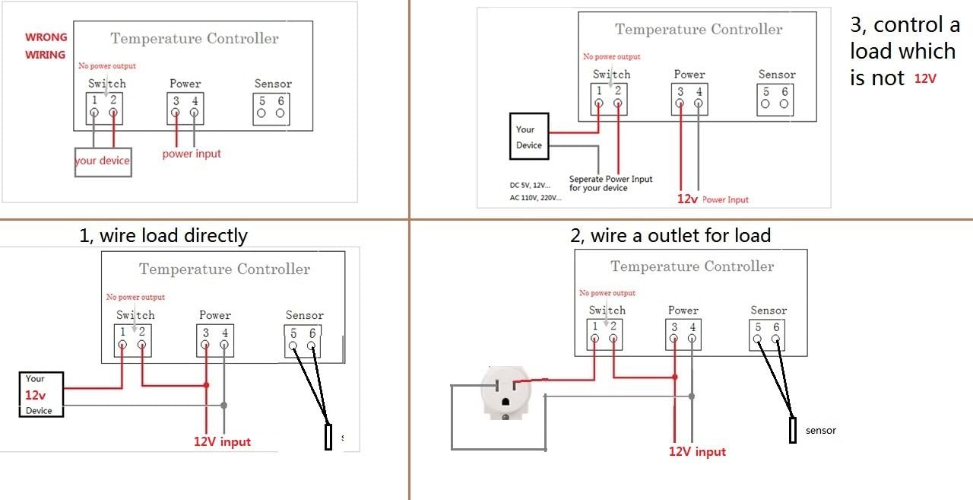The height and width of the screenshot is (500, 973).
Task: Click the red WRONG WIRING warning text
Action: click(46, 46)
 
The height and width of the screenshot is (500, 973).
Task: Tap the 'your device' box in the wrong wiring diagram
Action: click(103, 161)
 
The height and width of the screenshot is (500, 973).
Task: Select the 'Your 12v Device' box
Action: click(41, 395)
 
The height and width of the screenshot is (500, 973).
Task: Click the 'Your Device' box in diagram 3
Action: click(529, 137)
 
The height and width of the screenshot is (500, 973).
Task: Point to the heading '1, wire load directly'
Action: click(163, 235)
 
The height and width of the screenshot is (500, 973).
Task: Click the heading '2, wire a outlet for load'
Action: click(670, 235)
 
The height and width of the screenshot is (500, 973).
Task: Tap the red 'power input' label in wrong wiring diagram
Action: click(192, 154)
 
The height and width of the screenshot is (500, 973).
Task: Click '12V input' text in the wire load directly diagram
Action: click(222, 441)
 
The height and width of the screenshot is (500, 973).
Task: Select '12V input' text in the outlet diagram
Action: click(697, 451)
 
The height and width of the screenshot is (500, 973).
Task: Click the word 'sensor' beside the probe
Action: click(821, 431)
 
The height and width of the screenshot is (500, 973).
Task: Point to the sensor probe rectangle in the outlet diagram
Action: click(793, 430)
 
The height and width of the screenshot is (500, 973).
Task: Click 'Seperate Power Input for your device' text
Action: click(610, 183)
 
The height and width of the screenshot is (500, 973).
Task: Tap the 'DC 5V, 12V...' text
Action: click(530, 185)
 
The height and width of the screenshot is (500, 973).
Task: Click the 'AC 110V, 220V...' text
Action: click(535, 198)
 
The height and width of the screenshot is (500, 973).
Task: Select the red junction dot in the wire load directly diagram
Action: click(206, 386)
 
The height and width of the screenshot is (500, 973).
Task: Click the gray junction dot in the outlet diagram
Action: click(691, 396)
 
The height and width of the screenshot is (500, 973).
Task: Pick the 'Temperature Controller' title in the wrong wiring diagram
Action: click(195, 39)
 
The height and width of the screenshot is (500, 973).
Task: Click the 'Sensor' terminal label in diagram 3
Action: click(777, 75)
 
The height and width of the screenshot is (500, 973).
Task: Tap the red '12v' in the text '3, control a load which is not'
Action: click(925, 78)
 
